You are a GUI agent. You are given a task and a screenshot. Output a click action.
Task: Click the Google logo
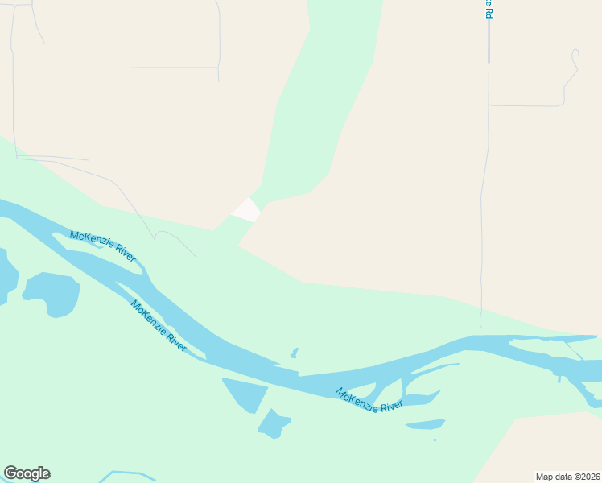pyautogui.click(x=27, y=473)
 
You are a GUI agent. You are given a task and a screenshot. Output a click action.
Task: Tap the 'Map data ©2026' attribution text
pyautogui.click(x=567, y=477)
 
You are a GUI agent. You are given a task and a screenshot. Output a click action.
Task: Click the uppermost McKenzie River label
pyautogui.click(x=102, y=246)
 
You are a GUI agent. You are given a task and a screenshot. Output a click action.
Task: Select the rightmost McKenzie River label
pyautogui.click(x=369, y=400)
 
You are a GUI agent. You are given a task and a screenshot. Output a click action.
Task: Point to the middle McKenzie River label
pyautogui.click(x=159, y=325)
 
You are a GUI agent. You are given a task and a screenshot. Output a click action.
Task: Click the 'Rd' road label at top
pyautogui.click(x=488, y=10)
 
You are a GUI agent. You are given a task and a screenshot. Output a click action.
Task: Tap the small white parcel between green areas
pyautogui.click(x=246, y=209)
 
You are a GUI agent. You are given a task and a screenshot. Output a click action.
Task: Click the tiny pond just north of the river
pyautogui.click(x=295, y=353)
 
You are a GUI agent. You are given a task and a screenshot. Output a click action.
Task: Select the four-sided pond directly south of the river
pyautogui.click(x=244, y=393)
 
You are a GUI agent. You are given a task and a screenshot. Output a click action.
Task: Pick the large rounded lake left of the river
pyautogui.click(x=52, y=293)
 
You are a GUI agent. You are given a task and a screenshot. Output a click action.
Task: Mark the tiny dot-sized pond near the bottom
pyautogui.click(x=435, y=440)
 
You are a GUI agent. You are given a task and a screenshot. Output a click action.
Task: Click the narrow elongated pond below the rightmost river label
pyautogui.click(x=425, y=424)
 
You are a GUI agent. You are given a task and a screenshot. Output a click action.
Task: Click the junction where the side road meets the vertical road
pyautogui.click(x=489, y=105)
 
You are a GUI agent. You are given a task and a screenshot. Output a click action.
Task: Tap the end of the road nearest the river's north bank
pyautogui.click(x=195, y=256)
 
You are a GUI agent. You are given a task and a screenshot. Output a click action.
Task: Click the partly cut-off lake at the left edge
pyautogui.click(x=6, y=278)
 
